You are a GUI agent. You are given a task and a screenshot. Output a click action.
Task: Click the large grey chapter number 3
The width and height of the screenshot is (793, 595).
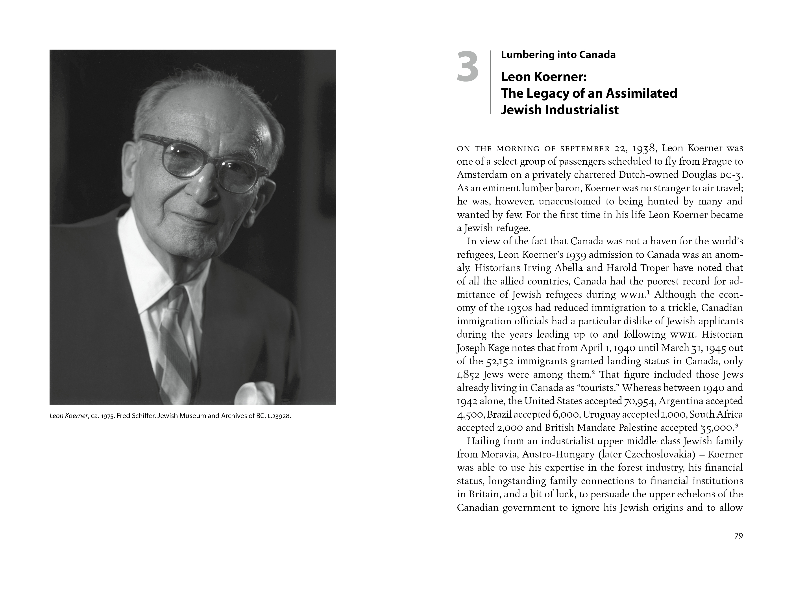tap(468, 67)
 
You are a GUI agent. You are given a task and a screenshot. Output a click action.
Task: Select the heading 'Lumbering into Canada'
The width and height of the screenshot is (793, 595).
tap(558, 55)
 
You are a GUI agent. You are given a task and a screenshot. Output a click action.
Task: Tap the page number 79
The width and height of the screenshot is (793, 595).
tap(739, 536)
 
